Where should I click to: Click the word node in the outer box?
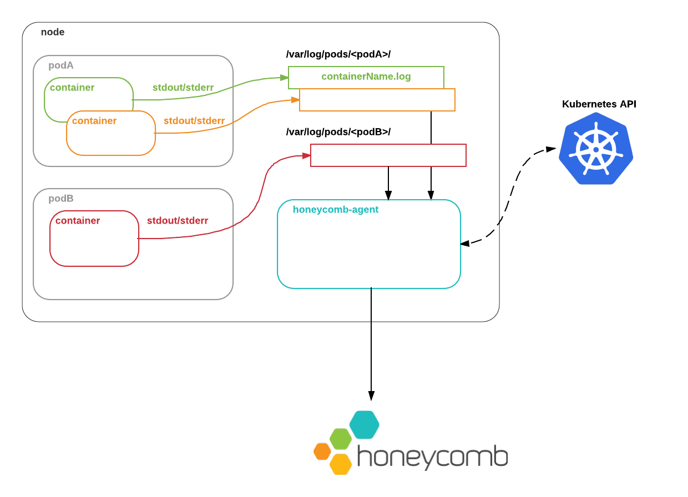coord(53,32)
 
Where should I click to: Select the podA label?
coord(61,65)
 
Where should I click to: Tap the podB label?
coord(61,199)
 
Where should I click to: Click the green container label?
coord(72,88)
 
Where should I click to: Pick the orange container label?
coord(94,121)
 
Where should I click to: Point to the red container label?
coord(78,221)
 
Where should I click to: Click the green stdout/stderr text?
coord(183,88)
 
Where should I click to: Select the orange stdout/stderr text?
coord(194,121)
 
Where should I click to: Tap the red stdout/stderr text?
coord(178,221)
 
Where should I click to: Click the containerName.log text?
coord(366,77)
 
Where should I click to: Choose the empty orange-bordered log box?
coord(377,100)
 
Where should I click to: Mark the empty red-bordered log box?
coord(388,155)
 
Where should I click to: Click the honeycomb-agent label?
coord(336,210)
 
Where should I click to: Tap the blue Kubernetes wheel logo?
coord(596,149)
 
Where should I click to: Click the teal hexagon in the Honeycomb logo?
coord(365,424)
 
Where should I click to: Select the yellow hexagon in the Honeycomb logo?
coord(341,465)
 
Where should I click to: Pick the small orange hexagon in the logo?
coord(322,452)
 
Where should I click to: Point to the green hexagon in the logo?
coord(341,439)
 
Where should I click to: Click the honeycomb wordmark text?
coord(432,457)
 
